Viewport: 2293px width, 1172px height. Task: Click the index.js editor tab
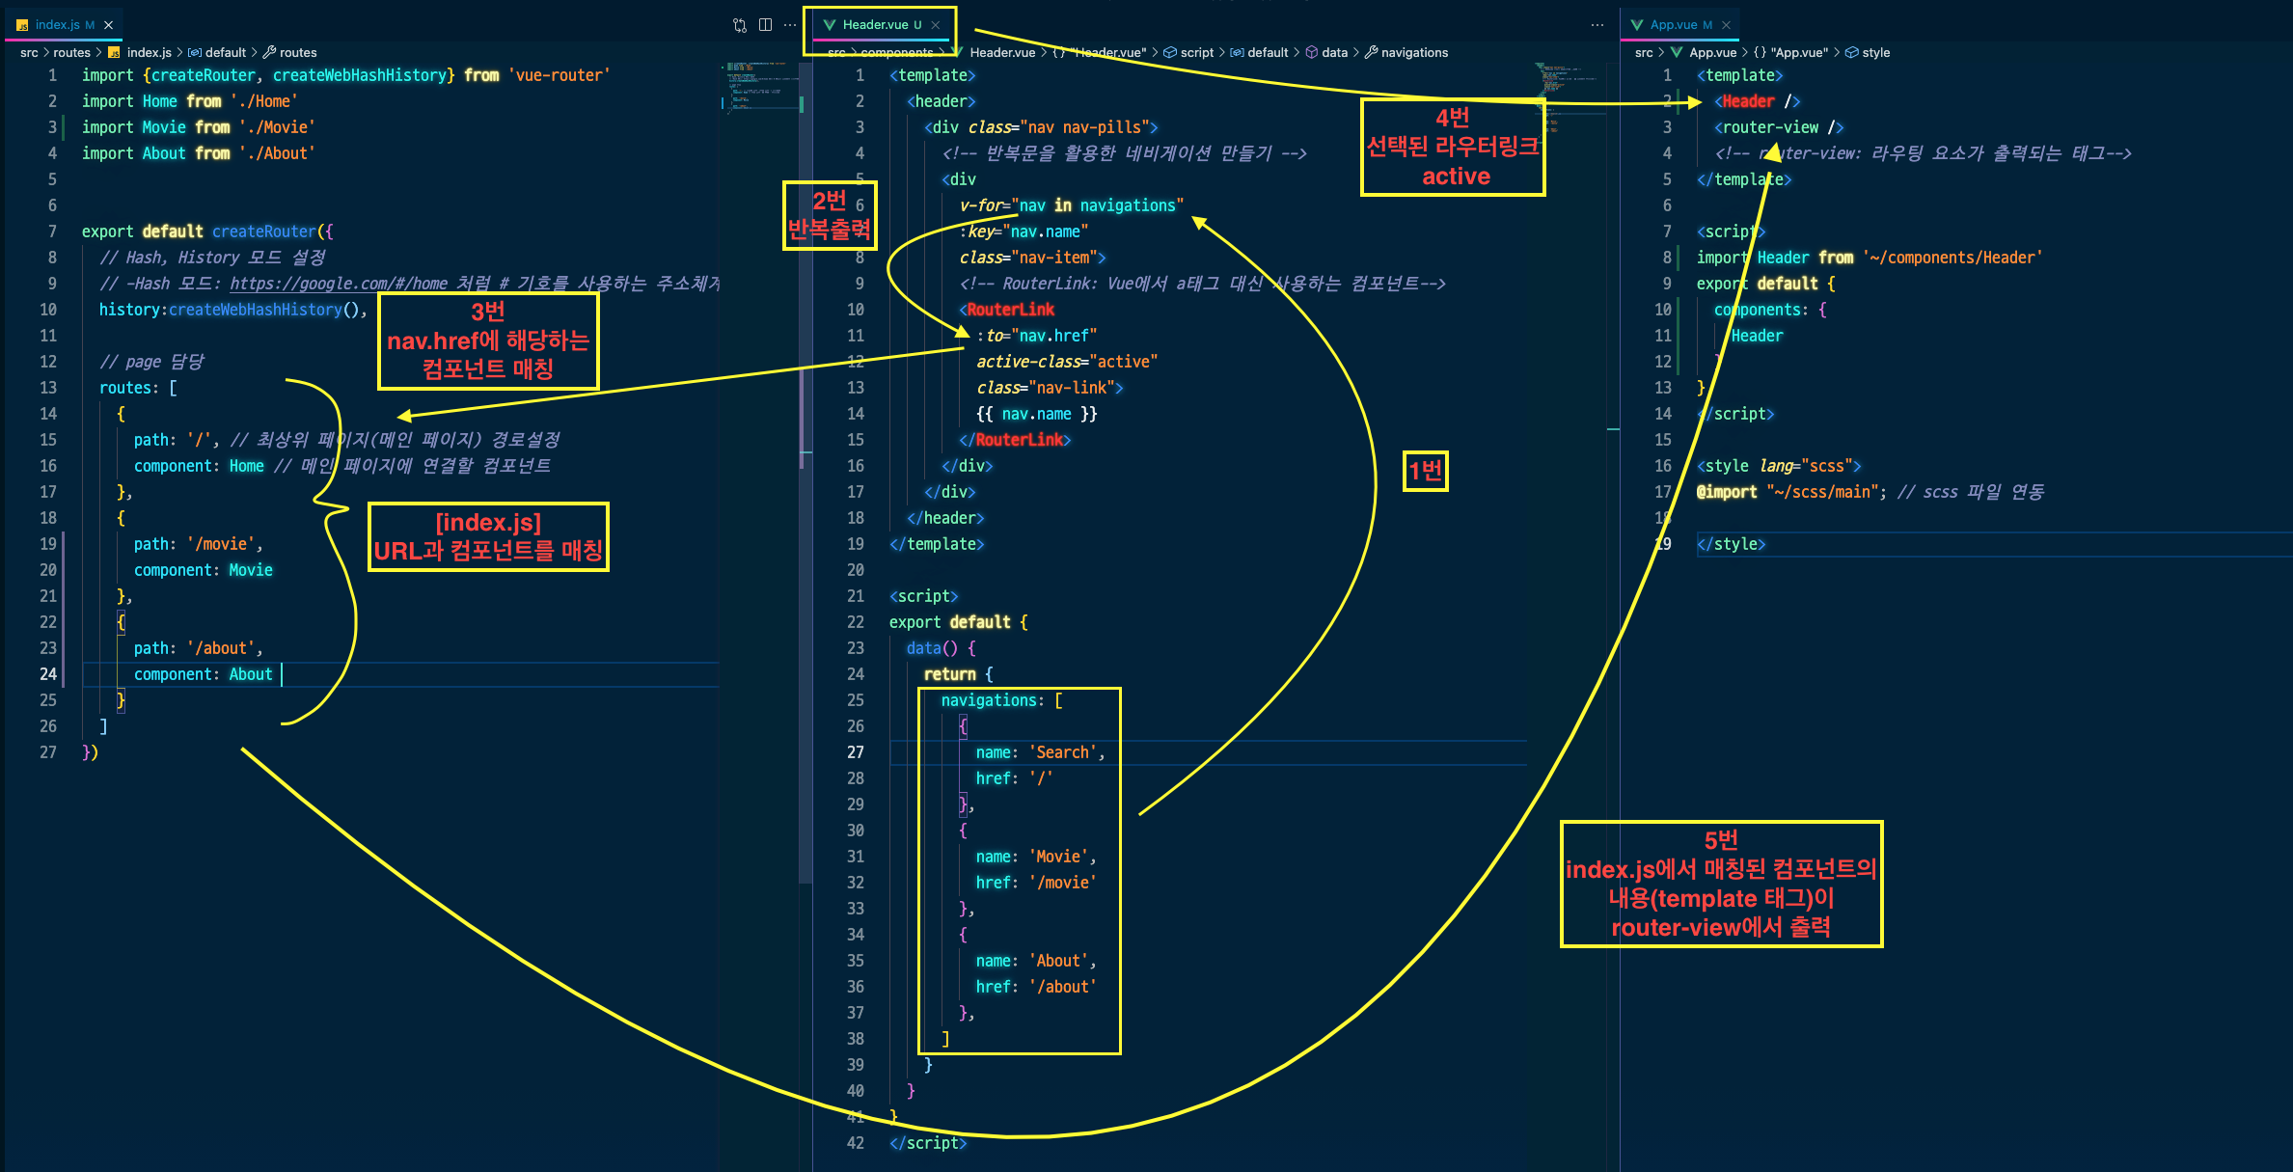57,25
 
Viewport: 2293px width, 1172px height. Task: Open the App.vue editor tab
1673,25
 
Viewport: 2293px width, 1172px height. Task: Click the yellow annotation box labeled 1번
1425,472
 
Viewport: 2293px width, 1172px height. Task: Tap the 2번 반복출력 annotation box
829,216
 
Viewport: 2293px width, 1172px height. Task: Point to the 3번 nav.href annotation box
488,341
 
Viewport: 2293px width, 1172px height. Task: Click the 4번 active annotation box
1453,148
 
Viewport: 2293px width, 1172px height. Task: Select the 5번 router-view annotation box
1721,884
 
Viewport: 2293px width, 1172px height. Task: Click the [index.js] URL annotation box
488,536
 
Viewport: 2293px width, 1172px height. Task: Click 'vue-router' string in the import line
559,75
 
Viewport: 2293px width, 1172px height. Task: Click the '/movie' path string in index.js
225,544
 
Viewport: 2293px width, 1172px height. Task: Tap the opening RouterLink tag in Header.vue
1009,310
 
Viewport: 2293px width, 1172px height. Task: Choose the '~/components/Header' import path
1952,258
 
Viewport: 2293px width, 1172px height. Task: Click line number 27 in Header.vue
855,752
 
